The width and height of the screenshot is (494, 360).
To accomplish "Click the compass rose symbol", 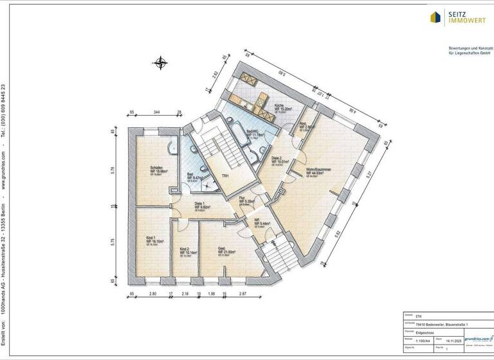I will [160, 63].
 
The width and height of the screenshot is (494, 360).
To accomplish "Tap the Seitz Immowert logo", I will [461, 17].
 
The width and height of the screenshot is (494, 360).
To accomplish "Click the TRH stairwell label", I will [226, 176].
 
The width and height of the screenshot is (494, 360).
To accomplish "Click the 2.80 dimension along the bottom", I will [153, 294].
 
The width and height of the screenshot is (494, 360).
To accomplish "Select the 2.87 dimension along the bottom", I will [242, 294].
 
